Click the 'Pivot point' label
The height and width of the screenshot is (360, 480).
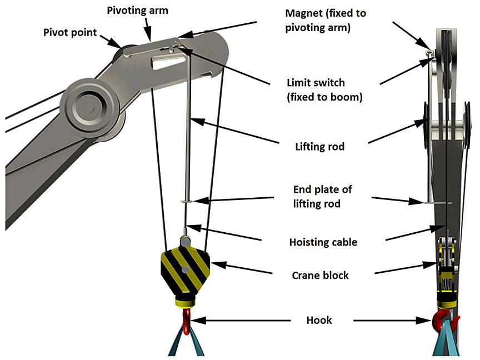pos(70,32)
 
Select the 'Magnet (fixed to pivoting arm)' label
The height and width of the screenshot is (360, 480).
pos(325,20)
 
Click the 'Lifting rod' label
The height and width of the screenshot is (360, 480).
pos(319,147)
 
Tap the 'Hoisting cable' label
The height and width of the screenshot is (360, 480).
pos(323,242)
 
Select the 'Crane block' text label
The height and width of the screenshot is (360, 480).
pos(321,275)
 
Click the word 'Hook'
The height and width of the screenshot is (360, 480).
pos(319,320)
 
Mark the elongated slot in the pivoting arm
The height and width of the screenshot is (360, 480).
pos(166,61)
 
